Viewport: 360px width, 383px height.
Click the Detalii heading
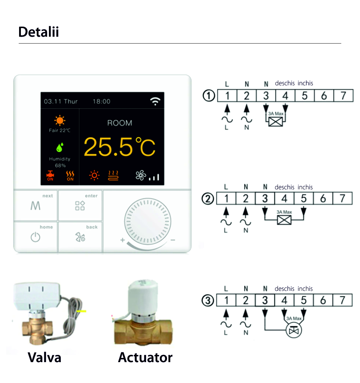click(x=39, y=32)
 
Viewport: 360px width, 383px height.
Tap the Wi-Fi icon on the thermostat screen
click(x=155, y=101)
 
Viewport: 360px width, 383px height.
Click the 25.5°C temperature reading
click(x=120, y=147)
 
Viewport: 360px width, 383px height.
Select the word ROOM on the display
click(x=120, y=123)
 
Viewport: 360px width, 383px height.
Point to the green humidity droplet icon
click(x=60, y=147)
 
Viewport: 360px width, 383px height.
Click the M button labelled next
click(x=36, y=206)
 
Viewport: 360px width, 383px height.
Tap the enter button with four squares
click(x=80, y=206)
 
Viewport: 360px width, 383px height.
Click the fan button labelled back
click(x=80, y=237)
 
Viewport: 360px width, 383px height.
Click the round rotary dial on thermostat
click(x=148, y=221)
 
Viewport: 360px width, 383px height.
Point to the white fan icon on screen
click(x=141, y=175)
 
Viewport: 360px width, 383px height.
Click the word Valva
click(x=44, y=357)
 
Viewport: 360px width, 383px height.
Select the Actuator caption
click(x=145, y=357)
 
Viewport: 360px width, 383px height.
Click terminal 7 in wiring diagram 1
click(x=343, y=95)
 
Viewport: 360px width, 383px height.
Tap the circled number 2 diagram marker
click(x=208, y=199)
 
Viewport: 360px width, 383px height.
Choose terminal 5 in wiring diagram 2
click(x=303, y=198)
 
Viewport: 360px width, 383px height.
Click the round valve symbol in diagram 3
click(x=293, y=330)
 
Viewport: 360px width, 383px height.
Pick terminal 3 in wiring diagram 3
click(x=265, y=300)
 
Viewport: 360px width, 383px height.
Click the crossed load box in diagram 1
click(x=275, y=121)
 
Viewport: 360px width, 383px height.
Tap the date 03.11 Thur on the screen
click(x=60, y=102)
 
